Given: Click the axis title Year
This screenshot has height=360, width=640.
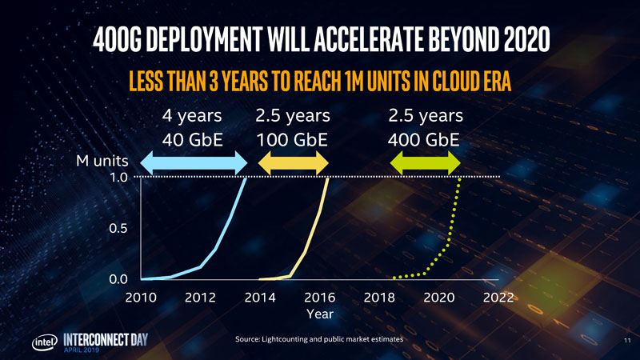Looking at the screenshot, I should [x=319, y=313].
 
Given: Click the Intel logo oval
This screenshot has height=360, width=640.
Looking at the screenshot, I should [x=43, y=342].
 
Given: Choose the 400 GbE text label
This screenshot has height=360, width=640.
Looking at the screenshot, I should [x=424, y=140].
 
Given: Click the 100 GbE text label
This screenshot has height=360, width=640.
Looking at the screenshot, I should [x=293, y=140].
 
